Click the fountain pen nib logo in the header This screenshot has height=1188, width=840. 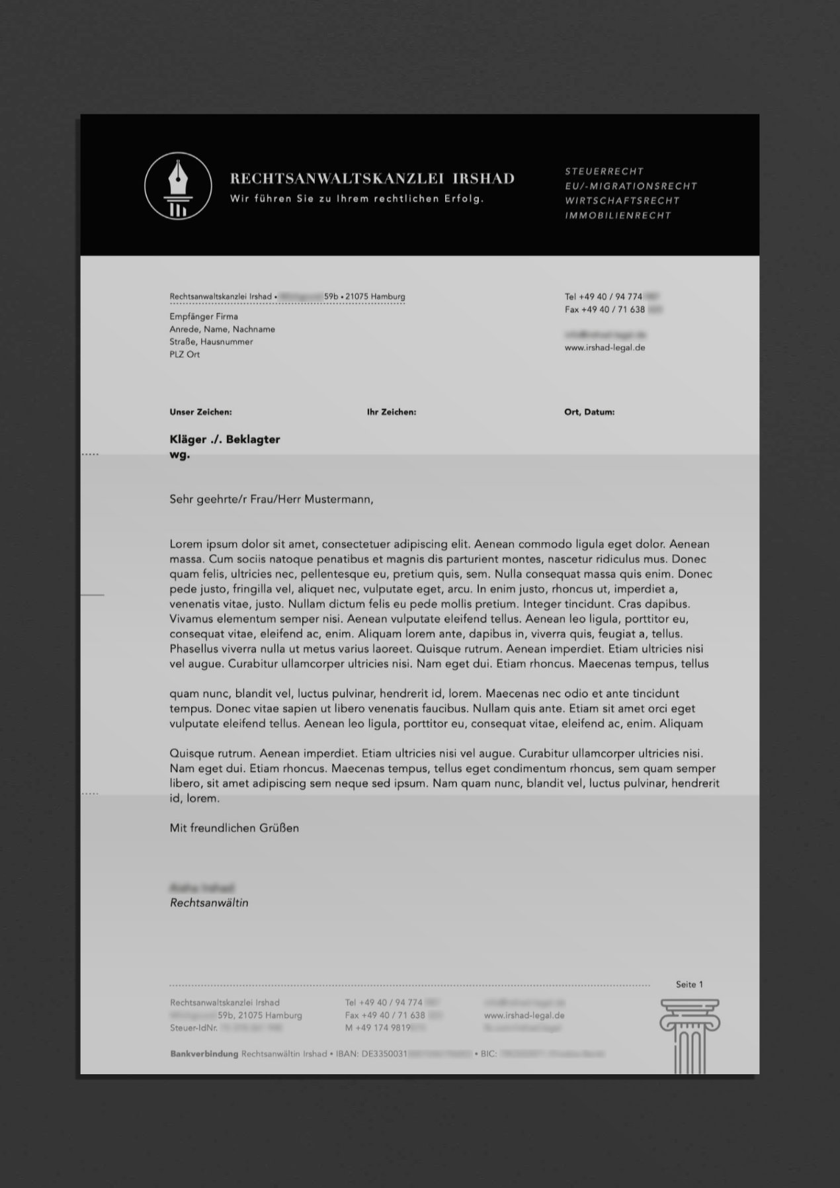pyautogui.click(x=178, y=186)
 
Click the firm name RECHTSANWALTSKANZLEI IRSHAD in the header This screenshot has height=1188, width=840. pyautogui.click(x=372, y=179)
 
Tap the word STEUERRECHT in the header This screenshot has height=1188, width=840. pyautogui.click(x=604, y=171)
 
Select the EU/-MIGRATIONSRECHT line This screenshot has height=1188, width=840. pyautogui.click(x=630, y=186)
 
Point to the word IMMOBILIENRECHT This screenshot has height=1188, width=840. pyautogui.click(x=618, y=216)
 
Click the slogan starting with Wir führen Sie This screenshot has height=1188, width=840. pyautogui.click(x=357, y=198)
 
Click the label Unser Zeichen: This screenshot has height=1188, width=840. pyautogui.click(x=200, y=412)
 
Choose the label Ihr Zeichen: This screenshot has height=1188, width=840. pyautogui.click(x=392, y=412)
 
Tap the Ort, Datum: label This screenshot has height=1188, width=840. pyautogui.click(x=589, y=412)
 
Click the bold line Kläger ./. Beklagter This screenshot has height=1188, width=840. pyautogui.click(x=225, y=439)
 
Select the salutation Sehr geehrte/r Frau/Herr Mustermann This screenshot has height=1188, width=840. pyautogui.click(x=271, y=499)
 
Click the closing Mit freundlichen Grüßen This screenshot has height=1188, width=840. pyautogui.click(x=234, y=827)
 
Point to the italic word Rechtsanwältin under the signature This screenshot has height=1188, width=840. pyautogui.click(x=209, y=903)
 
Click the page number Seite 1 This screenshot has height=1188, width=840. pyautogui.click(x=689, y=984)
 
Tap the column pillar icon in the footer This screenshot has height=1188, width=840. pyautogui.click(x=689, y=1035)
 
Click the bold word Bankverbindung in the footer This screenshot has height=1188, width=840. pyautogui.click(x=204, y=1054)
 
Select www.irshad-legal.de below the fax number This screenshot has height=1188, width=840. pyautogui.click(x=605, y=347)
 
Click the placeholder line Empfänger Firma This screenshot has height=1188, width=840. pyautogui.click(x=204, y=316)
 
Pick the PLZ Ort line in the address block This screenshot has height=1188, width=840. pyautogui.click(x=185, y=355)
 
